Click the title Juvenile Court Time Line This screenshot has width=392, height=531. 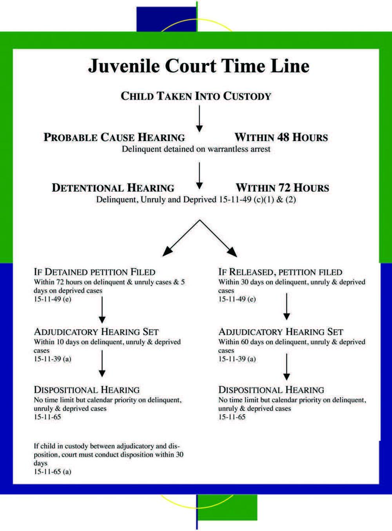(198, 66)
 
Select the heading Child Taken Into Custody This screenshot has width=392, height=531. (196, 96)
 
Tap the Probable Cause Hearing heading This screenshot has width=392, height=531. (114, 138)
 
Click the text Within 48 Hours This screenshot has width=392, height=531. (281, 138)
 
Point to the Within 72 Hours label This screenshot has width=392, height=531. (282, 188)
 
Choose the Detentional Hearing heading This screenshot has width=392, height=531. (113, 188)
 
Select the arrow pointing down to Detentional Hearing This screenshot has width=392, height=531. (199, 176)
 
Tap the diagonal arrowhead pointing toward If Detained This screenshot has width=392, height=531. (168, 251)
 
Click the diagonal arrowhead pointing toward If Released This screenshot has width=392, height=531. (232, 251)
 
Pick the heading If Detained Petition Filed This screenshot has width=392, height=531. (94, 272)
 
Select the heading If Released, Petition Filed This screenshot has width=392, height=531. (280, 272)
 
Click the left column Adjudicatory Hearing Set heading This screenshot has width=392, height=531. (96, 332)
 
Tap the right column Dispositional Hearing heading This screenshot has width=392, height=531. (271, 390)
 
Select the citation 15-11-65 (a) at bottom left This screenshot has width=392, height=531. (53, 472)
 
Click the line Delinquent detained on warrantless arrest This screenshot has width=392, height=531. (196, 149)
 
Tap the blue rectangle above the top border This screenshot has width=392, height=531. (166, 19)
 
